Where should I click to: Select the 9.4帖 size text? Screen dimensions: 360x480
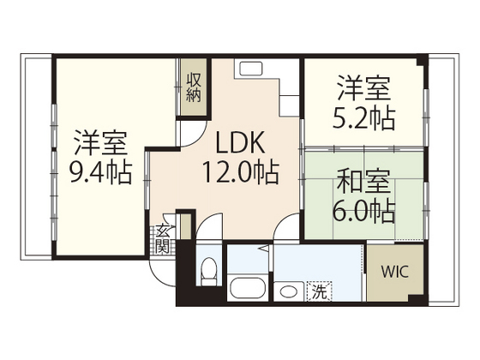(100, 173)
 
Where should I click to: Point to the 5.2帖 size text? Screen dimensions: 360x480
(363, 117)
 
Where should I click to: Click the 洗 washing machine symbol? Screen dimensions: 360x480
(318, 291)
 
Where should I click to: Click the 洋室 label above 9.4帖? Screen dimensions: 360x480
(100, 141)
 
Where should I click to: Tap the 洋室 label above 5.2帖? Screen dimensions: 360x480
(363, 87)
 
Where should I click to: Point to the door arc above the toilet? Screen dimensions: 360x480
(206, 237)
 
